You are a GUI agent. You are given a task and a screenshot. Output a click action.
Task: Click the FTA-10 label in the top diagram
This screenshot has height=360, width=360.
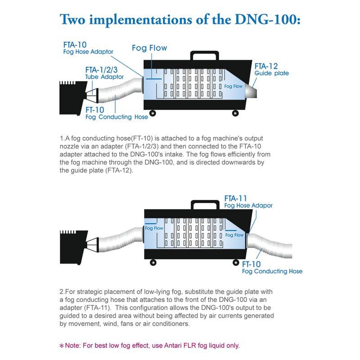pyautogui.click(x=74, y=45)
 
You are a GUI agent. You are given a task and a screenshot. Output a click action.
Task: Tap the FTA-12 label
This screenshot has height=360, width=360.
pyautogui.click(x=266, y=66)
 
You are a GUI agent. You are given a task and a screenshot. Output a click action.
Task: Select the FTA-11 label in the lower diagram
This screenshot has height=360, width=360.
pyautogui.click(x=236, y=198)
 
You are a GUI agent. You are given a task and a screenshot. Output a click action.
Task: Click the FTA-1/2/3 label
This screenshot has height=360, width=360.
pyautogui.click(x=101, y=70)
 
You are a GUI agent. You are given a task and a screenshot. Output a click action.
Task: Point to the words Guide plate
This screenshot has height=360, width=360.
pyautogui.click(x=271, y=73)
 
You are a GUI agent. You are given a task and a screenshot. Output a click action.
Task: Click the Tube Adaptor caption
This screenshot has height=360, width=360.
pyautogui.click(x=104, y=76)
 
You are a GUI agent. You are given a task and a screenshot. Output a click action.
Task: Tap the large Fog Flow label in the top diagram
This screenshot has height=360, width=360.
pyautogui.click(x=149, y=48)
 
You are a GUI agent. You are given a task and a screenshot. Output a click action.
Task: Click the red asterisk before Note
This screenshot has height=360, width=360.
pyautogui.click(x=62, y=346)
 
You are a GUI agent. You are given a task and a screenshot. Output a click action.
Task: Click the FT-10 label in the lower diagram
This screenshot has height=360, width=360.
pyautogui.click(x=252, y=264)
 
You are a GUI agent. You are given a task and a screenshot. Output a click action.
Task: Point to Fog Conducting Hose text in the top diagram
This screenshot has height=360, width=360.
pyautogui.click(x=117, y=117)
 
